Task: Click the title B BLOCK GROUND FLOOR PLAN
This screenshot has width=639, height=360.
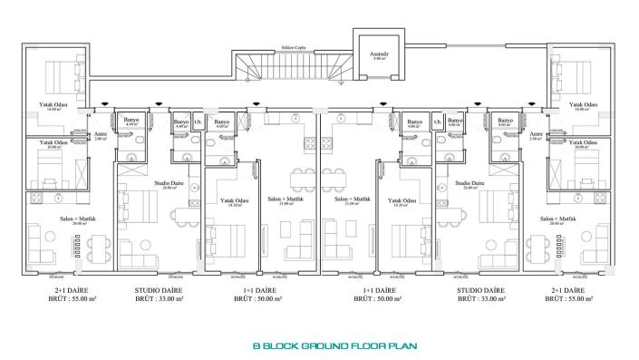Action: [x=319, y=345]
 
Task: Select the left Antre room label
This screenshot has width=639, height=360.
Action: [x=101, y=136]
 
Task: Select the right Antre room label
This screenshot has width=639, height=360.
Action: [x=536, y=136]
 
